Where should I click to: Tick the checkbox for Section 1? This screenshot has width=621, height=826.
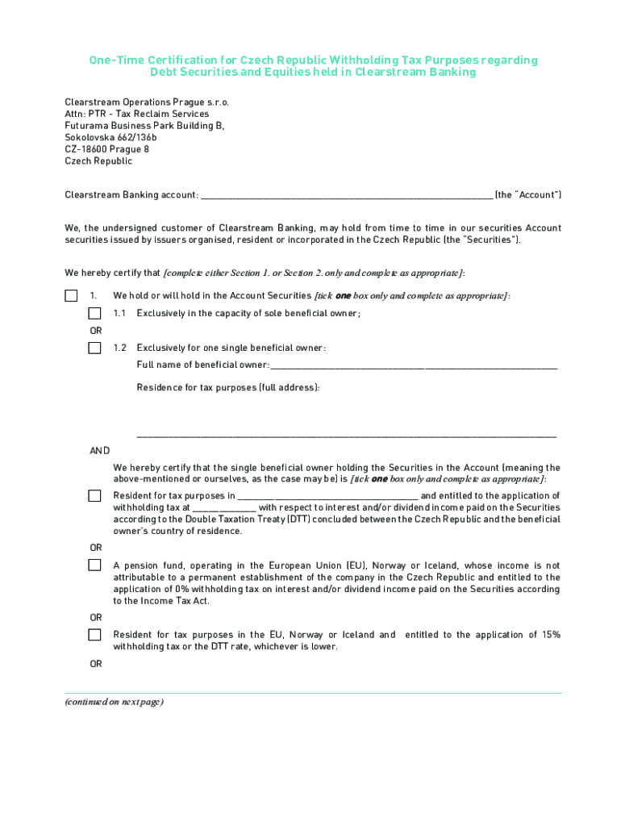tap(71, 296)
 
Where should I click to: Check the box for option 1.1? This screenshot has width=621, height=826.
tap(94, 314)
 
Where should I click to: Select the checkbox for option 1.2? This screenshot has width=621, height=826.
tap(94, 348)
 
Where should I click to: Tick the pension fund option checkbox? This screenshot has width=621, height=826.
tap(94, 566)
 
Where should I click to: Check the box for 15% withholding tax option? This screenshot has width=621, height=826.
tap(94, 636)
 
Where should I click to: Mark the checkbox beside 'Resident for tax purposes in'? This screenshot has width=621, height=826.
tap(94, 496)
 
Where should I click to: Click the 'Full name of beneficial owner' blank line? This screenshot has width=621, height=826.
tap(413, 366)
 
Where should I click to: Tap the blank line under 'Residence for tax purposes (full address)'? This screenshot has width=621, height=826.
tap(347, 435)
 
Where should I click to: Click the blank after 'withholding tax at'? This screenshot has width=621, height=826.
tap(224, 508)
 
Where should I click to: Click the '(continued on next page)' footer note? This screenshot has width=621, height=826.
tap(115, 702)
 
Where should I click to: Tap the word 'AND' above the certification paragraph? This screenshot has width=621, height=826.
tap(99, 451)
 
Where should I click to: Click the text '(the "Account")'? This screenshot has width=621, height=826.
tap(527, 195)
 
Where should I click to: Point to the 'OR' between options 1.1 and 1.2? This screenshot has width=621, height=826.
tap(95, 331)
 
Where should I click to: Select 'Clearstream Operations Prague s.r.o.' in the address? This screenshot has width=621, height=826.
tap(147, 102)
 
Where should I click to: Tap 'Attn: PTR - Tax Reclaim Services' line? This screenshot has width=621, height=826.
tap(136, 115)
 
